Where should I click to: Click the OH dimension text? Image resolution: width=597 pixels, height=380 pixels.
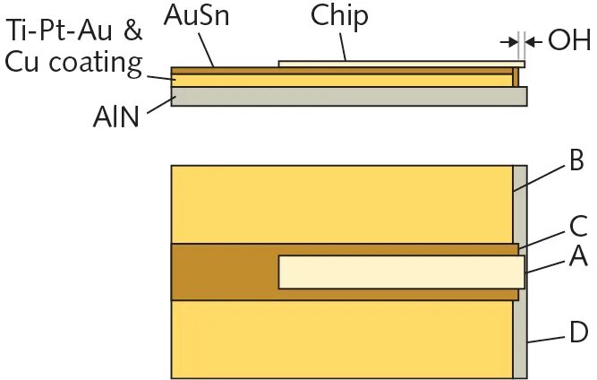click(x=568, y=40)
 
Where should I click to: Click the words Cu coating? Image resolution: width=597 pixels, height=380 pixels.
click(x=74, y=63)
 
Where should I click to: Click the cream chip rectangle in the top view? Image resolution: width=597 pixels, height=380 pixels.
click(x=400, y=272)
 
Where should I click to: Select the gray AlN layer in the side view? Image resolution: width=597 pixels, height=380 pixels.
click(x=349, y=96)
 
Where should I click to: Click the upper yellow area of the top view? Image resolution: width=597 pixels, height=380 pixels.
click(x=340, y=203)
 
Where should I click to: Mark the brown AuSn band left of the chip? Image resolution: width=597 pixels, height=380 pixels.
click(x=224, y=272)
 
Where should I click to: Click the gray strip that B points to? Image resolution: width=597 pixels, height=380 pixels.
click(x=519, y=203)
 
